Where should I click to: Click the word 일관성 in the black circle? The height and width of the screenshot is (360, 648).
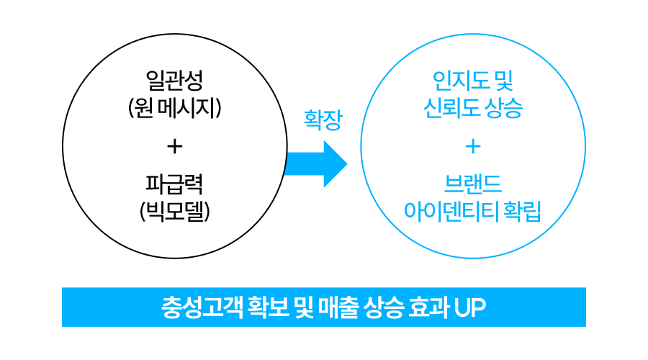click(x=174, y=79)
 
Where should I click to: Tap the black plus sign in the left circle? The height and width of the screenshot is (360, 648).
click(x=174, y=146)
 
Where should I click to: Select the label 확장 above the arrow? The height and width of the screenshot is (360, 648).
click(x=322, y=120)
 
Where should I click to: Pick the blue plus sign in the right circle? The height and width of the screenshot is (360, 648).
click(x=472, y=146)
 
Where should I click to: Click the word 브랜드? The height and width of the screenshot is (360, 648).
click(x=472, y=184)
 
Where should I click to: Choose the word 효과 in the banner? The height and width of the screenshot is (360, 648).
click(x=428, y=307)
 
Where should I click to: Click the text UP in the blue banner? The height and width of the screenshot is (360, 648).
click(x=470, y=307)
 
